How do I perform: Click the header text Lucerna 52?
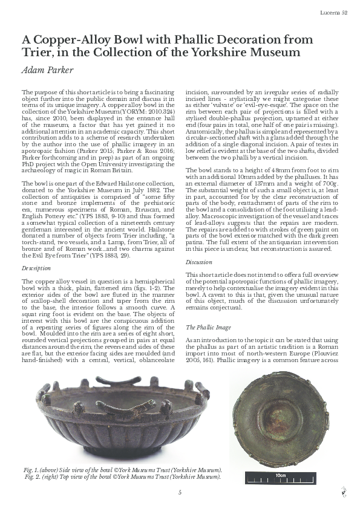click(x=334, y=13)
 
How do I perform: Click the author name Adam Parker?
click(x=48, y=70)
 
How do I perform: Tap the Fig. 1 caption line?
click(x=121, y=470)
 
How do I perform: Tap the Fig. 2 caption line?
click(x=121, y=476)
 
